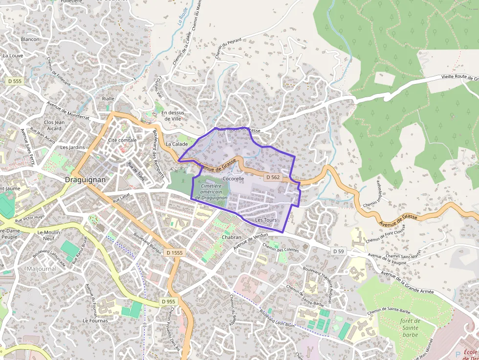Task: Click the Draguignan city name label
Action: point(85,180)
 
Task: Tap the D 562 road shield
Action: point(273,177)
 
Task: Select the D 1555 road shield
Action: point(174,253)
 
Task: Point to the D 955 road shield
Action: point(168,302)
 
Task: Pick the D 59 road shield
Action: point(339,251)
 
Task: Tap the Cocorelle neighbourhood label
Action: point(233,179)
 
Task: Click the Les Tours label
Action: point(266,220)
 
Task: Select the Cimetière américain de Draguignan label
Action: point(211,192)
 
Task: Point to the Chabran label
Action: point(232,237)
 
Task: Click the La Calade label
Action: point(176,144)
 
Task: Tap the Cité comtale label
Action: point(122,140)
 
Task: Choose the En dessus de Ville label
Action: point(173,116)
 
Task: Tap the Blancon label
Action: point(30,39)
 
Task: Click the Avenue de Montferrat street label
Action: point(68,111)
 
